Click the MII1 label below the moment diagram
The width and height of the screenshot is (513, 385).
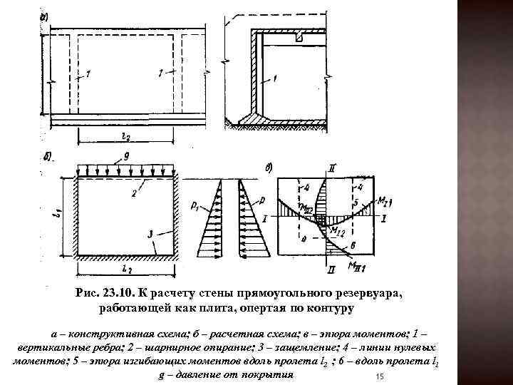tap(356, 266)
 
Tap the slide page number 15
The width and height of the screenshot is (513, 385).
tap(379, 376)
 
